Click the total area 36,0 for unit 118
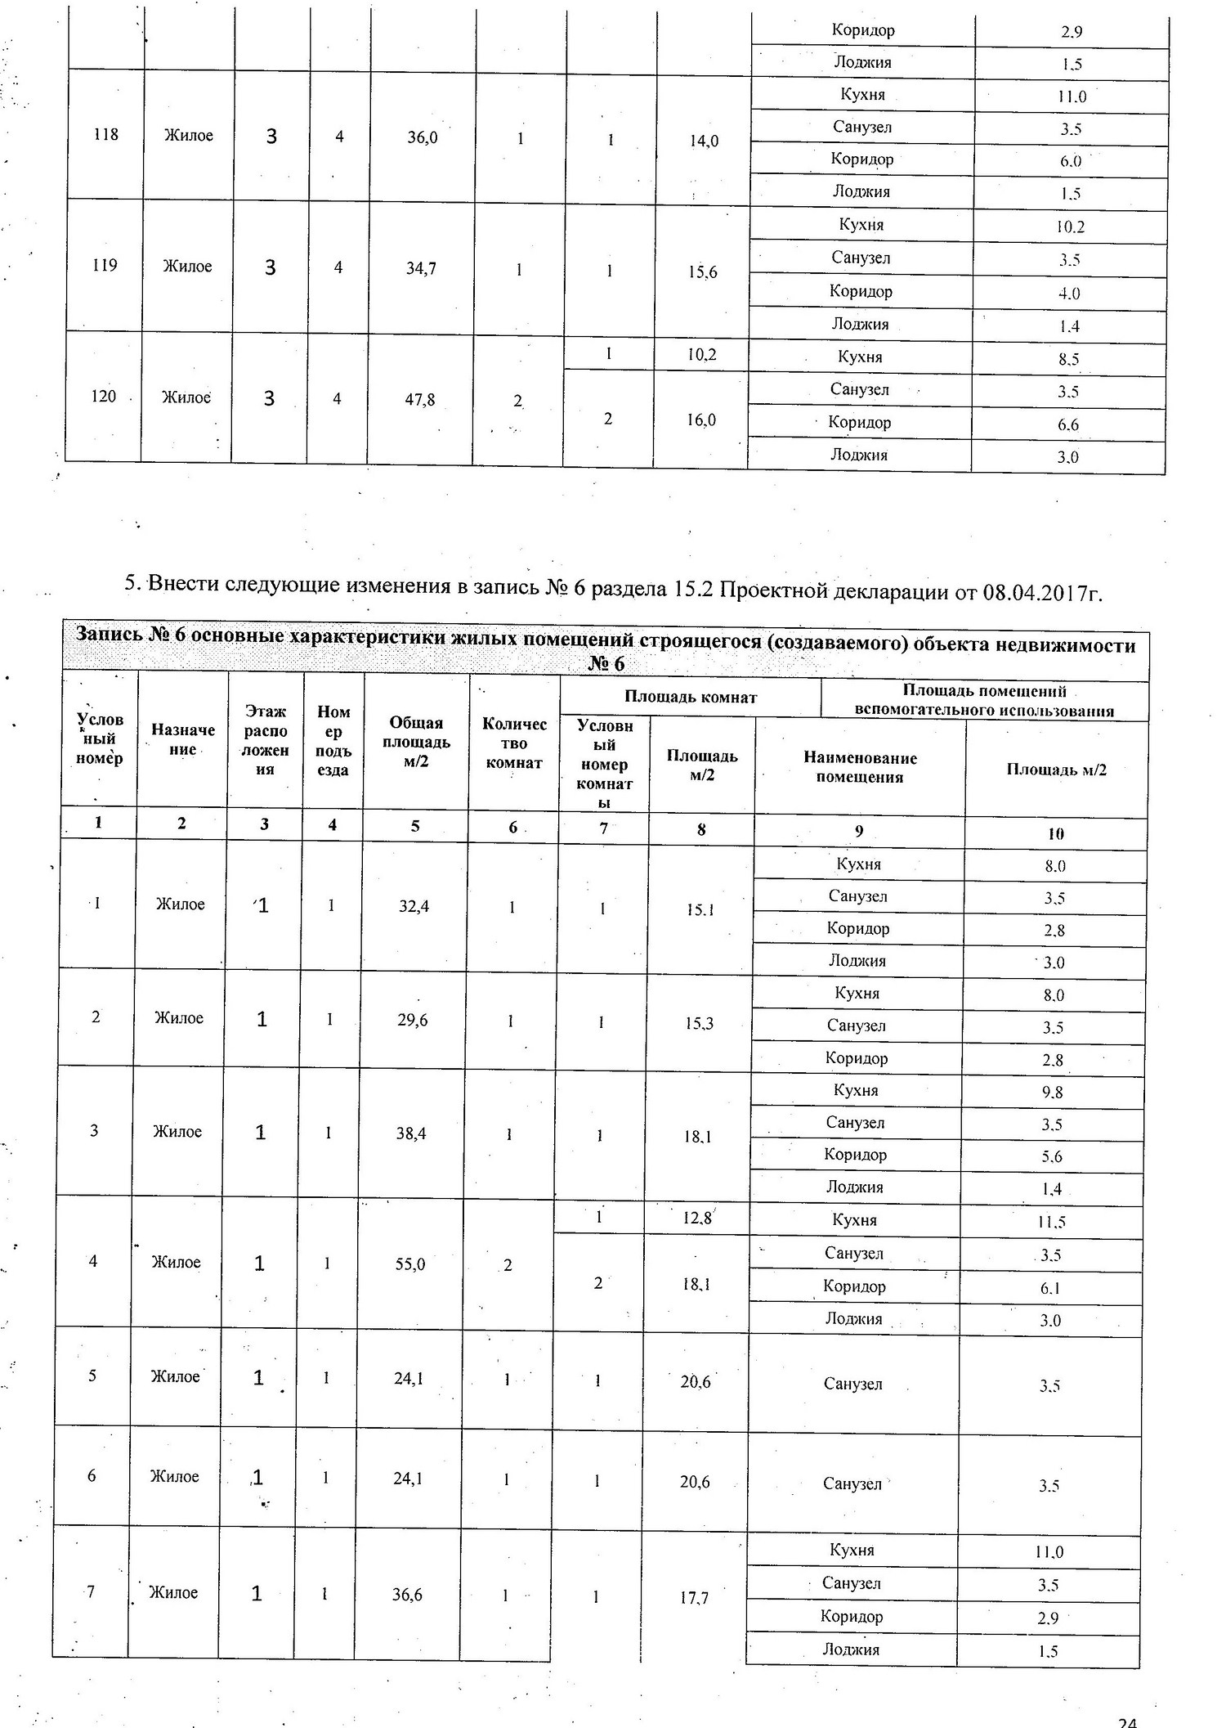tap(423, 137)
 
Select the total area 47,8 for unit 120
tap(420, 400)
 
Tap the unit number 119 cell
tap(105, 265)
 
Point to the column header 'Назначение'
tap(183, 739)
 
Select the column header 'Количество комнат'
tap(514, 743)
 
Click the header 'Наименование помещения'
tap(860, 767)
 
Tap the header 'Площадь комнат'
tap(691, 697)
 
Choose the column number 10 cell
tap(1055, 834)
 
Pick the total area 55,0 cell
tap(410, 1264)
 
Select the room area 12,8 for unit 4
tap(697, 1219)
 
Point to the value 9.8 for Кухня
tap(1052, 1093)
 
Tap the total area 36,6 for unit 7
tap(407, 1594)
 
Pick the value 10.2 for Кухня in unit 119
tap(1070, 227)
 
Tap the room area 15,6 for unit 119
tap(702, 272)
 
